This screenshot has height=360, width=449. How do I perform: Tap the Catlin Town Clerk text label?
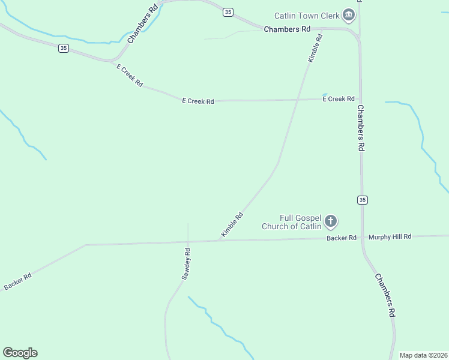coord(306,16)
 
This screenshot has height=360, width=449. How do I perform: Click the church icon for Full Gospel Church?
coord(331,222)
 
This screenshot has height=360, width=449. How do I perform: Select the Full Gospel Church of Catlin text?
coord(292,222)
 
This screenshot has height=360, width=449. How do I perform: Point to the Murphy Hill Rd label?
coord(390,237)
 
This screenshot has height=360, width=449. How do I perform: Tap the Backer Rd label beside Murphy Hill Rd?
coord(342,238)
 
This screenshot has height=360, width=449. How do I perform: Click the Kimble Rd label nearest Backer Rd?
coord(232,225)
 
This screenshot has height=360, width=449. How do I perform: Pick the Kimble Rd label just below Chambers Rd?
coord(316,48)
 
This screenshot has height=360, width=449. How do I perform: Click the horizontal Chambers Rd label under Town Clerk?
coord(287,29)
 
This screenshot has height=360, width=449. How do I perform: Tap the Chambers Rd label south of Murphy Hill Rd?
coord(385,295)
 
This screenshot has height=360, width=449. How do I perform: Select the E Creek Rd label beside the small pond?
coord(339,99)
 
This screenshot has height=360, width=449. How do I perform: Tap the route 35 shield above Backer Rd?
coord(361,199)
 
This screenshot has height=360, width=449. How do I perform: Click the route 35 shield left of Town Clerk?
coord(227,12)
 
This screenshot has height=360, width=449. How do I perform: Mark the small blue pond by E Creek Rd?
coord(325,94)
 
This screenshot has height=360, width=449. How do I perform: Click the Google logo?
coord(20,353)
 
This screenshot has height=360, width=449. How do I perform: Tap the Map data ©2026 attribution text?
coord(423,355)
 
